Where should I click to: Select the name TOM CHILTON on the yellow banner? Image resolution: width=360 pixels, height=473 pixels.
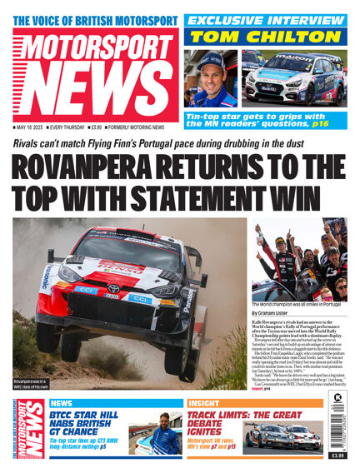pos(266,36)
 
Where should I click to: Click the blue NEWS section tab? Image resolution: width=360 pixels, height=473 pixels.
pos(62,403)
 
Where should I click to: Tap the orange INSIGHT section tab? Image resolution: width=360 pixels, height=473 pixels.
pos(203,403)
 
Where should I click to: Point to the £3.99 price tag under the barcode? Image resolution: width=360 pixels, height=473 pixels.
pos(337,456)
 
